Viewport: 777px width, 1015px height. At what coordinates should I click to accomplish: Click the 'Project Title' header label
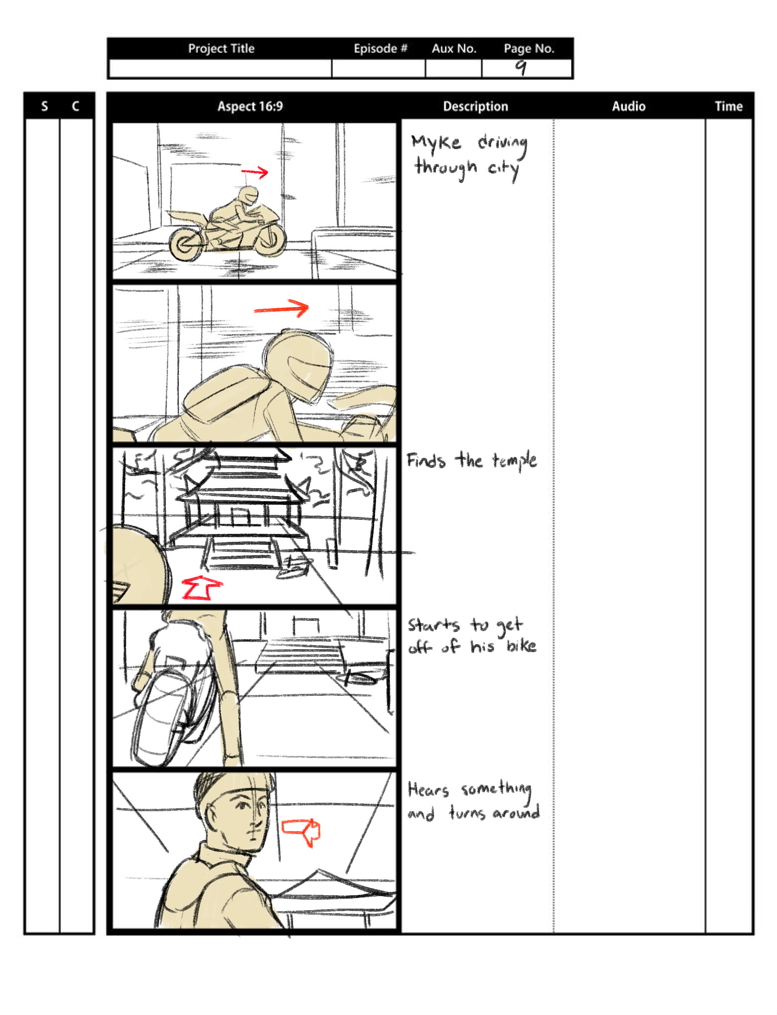pos(221,49)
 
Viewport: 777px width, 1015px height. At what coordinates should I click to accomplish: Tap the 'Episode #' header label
pos(380,49)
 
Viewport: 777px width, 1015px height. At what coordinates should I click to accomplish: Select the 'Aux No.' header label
pos(454,49)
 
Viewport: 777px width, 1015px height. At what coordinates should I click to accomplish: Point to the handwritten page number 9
pos(520,67)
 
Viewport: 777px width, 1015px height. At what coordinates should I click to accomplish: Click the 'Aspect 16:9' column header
pos(250,106)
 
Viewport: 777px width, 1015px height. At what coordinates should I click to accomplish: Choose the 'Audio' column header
pos(628,106)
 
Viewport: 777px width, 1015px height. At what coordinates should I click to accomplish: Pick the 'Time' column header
pos(728,106)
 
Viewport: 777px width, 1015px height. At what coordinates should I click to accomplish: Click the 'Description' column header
pos(475,106)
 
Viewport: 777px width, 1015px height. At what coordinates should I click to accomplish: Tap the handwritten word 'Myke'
pos(436,143)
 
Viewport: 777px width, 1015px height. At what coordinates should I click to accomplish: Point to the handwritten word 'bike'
pos(521,646)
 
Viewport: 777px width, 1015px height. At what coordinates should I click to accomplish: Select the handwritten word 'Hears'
pos(428,790)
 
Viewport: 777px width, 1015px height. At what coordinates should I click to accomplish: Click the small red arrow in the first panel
pos(255,172)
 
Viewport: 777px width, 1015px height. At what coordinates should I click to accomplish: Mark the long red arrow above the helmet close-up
pos(281,309)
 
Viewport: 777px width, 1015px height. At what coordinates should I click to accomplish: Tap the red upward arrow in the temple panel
pos(201,588)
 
